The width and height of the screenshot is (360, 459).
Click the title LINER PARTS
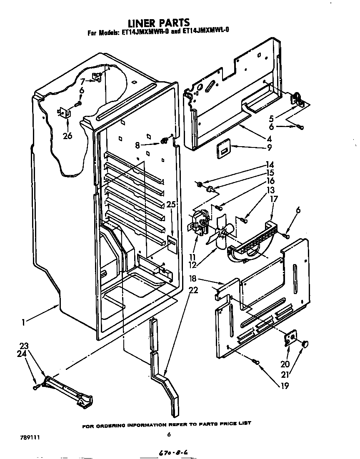(158, 22)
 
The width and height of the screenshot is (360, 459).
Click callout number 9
(269, 147)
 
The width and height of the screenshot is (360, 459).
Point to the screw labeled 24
(36, 387)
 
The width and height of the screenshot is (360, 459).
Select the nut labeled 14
(200, 184)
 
